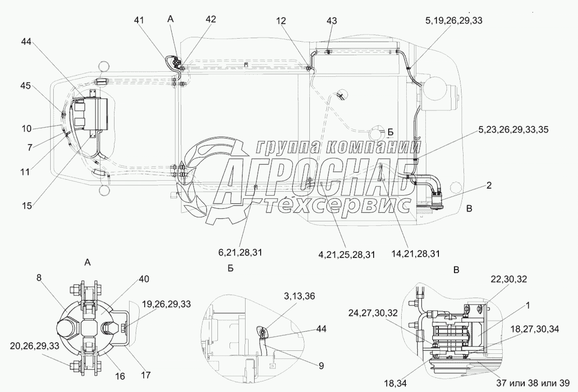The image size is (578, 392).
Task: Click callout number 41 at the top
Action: pos(139,20)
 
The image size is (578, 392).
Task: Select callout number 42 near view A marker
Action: pos(210,19)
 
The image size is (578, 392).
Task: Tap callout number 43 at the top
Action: pos(331,21)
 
